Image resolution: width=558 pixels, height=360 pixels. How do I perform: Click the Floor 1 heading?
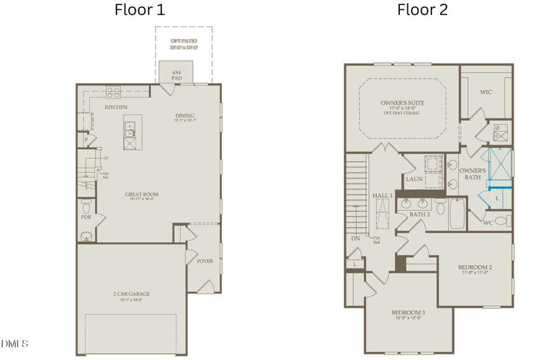[x=139, y=10]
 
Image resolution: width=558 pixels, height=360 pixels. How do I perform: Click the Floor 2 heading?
[x=422, y=10]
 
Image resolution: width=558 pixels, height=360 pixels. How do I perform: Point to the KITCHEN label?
[x=116, y=108]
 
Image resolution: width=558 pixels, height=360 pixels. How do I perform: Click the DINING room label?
[x=185, y=116]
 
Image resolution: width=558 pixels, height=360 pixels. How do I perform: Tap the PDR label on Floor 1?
[x=86, y=217]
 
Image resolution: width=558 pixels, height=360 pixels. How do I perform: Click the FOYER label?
[x=205, y=261]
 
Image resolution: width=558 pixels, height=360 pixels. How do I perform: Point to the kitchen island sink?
[x=130, y=129]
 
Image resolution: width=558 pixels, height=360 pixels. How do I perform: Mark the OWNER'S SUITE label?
[x=401, y=103]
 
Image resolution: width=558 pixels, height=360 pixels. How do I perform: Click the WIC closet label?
[x=486, y=92]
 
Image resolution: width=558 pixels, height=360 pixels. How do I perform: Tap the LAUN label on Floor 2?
[x=414, y=179]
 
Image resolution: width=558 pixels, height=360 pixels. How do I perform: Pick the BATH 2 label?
[x=420, y=214]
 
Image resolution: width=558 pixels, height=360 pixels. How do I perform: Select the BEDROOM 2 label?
[x=475, y=268]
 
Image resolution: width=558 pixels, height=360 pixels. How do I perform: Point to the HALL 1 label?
[x=383, y=195]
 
